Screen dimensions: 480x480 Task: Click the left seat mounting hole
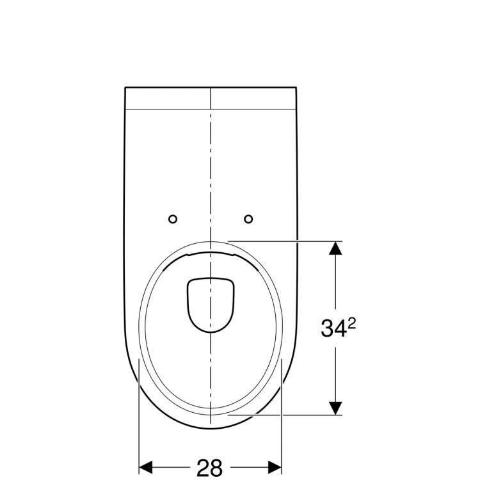(x=173, y=219)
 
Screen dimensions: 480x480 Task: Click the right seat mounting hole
(x=248, y=219)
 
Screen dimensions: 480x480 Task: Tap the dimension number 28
(x=209, y=467)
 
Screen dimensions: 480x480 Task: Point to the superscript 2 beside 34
(x=352, y=324)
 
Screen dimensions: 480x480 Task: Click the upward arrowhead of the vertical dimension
(x=335, y=248)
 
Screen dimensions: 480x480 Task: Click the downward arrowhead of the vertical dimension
(x=335, y=408)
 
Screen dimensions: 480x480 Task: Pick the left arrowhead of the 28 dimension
(x=146, y=467)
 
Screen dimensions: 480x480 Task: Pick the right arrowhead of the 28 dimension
(x=275, y=467)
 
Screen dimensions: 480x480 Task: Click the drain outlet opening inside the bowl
(x=211, y=305)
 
